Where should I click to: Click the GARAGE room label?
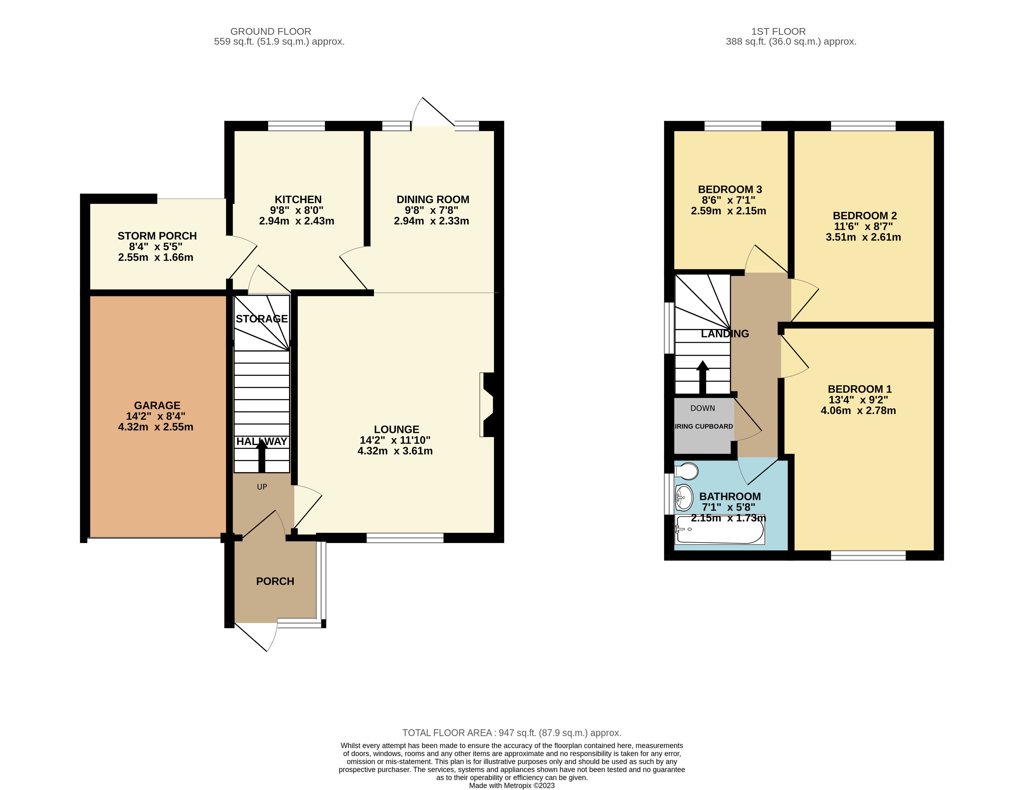[157, 406]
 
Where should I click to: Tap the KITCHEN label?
[298, 200]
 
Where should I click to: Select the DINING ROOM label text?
[433, 200]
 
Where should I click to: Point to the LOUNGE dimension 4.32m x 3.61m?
[395, 451]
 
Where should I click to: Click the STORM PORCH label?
[157, 236]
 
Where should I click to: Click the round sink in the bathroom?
[684, 497]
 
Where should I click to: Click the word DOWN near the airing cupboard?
[702, 408]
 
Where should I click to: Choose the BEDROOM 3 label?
[730, 189]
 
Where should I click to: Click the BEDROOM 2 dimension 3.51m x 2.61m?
[863, 237]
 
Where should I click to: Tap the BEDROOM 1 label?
[860, 389]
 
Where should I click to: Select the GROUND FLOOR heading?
[271, 32]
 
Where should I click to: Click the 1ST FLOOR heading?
[778, 32]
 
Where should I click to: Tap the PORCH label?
[275, 581]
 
